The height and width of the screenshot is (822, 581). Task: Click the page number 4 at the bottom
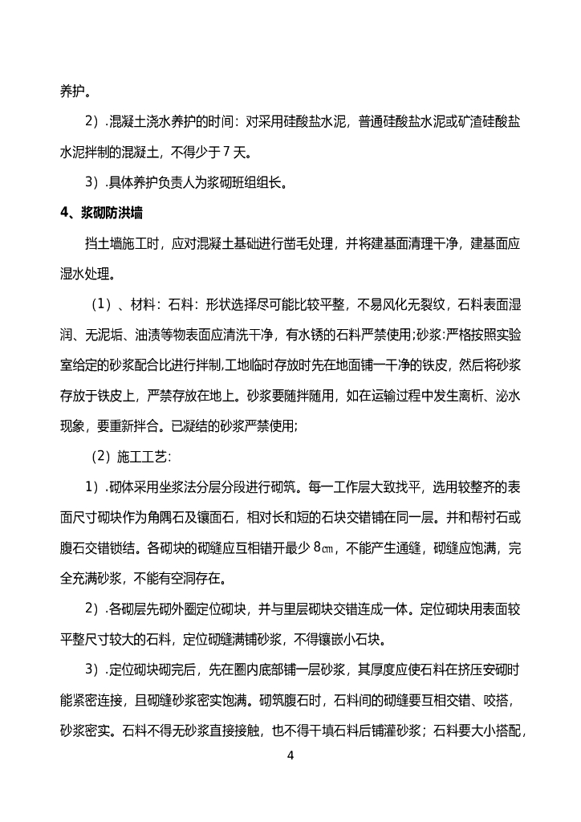[x=290, y=755]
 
